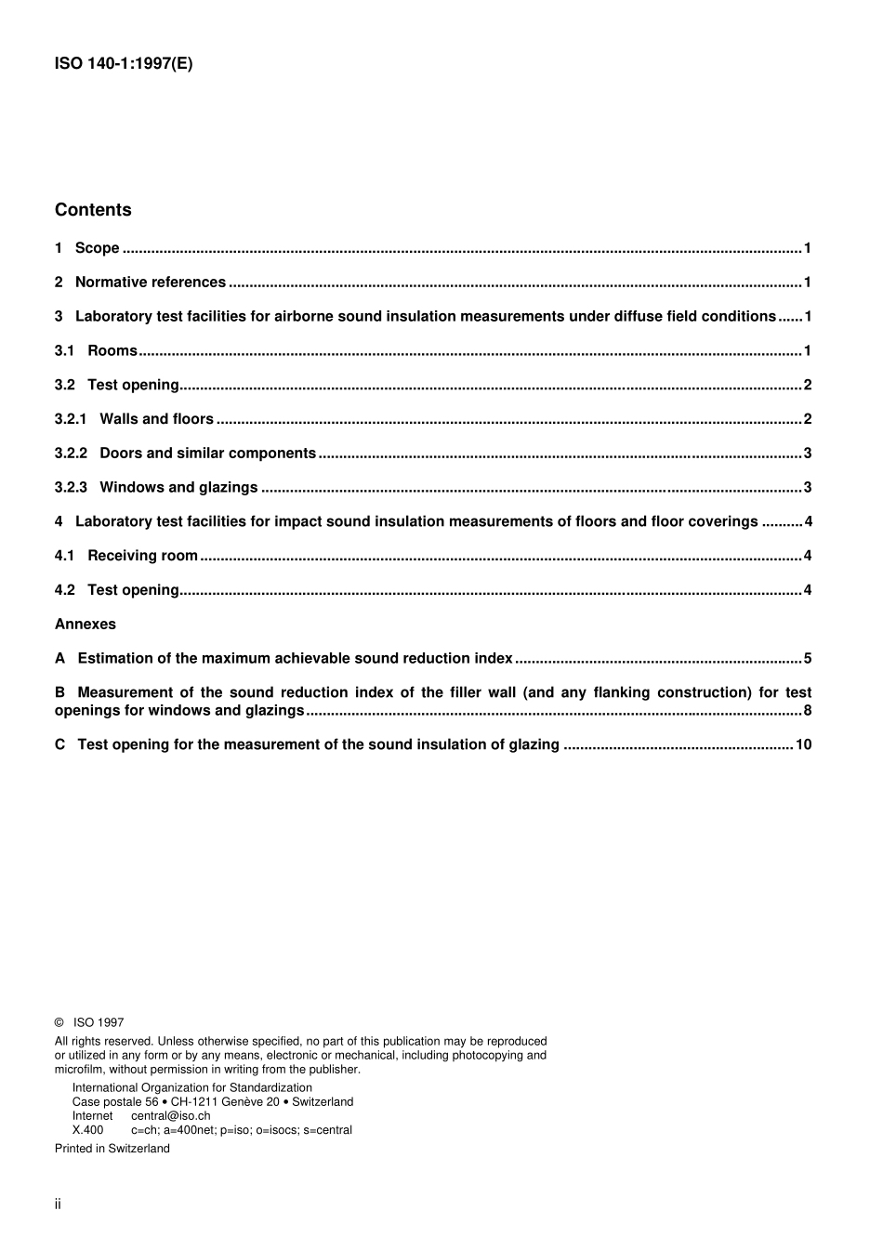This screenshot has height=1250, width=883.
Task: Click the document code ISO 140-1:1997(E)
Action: point(124,64)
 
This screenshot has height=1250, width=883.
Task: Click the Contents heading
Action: point(93,210)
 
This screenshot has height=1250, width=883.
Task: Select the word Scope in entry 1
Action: point(97,248)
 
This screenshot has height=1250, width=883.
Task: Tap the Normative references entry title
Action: point(150,283)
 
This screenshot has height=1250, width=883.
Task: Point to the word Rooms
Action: point(112,351)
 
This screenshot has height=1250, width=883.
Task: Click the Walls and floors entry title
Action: point(156,419)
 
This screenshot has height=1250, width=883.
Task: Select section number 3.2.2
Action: point(71,454)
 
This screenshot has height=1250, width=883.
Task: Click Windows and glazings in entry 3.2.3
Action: point(178,488)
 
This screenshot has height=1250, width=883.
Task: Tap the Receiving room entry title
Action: point(142,556)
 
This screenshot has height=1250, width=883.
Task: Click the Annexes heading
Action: point(86,625)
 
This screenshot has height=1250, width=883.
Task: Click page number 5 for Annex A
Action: point(808,659)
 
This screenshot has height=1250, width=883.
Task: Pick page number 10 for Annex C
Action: point(803,745)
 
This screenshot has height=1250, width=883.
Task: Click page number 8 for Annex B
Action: point(808,711)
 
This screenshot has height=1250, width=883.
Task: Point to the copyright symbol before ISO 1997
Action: point(59,1022)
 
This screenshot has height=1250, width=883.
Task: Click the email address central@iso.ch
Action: point(170,1116)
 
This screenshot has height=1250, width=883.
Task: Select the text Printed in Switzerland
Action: point(112,1149)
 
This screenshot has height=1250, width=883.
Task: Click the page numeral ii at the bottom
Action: point(58,1204)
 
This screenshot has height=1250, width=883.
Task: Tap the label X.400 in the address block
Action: point(88,1130)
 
